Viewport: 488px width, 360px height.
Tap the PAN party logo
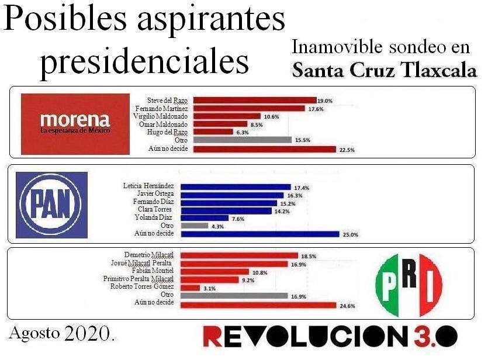pyautogui.click(x=51, y=204)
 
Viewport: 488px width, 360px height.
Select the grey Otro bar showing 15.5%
pyautogui.click(x=242, y=140)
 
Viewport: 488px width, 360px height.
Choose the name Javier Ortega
pyautogui.click(x=157, y=195)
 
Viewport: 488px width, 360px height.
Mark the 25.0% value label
pyautogui.click(x=350, y=234)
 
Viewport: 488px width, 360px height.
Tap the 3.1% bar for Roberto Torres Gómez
pyautogui.click(x=191, y=288)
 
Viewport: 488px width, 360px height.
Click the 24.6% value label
pyautogui.click(x=347, y=305)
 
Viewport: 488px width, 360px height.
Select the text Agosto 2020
pyautogui.click(x=61, y=334)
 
